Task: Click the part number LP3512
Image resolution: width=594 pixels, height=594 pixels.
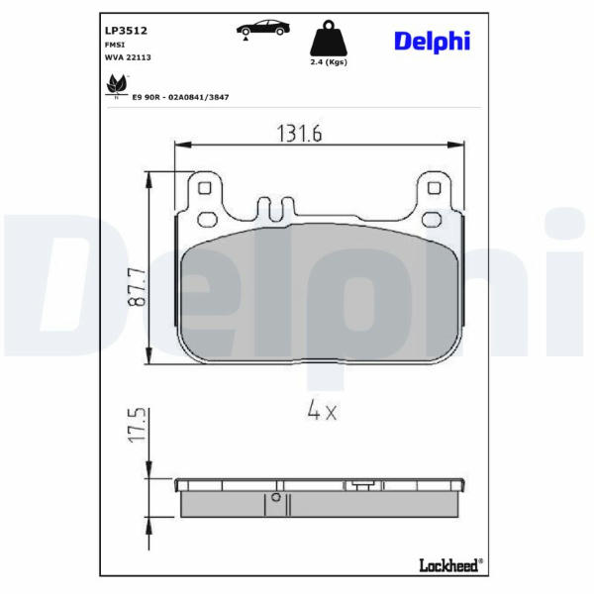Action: click(126, 31)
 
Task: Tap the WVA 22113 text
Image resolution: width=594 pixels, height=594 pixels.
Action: click(128, 57)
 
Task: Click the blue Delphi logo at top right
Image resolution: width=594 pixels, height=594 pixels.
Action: click(433, 42)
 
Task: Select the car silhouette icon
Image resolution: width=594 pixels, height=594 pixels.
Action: click(263, 29)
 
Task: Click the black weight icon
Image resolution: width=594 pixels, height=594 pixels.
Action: click(329, 38)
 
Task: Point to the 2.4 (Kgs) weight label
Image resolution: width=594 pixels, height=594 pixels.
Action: click(329, 61)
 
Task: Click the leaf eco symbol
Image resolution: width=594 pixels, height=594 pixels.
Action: click(116, 86)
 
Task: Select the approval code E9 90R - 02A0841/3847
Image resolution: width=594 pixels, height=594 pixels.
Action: click(180, 97)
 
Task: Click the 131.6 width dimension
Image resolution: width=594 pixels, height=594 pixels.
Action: click(299, 134)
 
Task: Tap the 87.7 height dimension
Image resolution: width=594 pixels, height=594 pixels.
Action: click(137, 287)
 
